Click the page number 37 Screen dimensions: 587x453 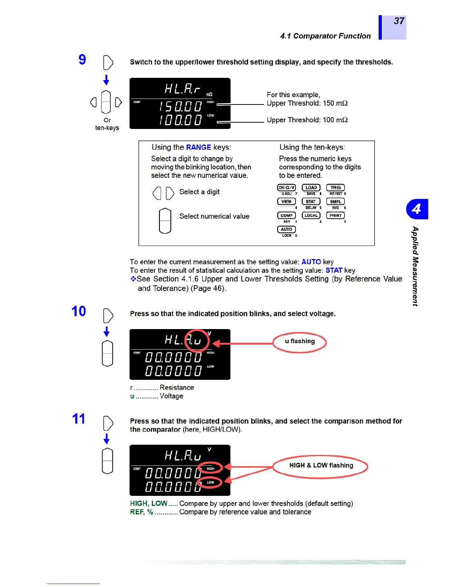399,21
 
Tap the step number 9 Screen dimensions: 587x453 82,60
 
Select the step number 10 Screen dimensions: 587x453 78,311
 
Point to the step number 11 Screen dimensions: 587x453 78,419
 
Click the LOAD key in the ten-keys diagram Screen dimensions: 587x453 311,188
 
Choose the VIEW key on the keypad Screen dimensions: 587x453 286,202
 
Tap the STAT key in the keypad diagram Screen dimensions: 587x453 311,202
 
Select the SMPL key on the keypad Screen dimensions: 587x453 335,202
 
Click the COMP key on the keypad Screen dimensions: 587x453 286,215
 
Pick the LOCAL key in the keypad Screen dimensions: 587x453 311,215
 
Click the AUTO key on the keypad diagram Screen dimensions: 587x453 286,229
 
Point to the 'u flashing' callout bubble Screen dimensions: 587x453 300,342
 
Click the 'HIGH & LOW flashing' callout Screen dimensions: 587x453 321,466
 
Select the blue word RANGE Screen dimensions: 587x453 198,147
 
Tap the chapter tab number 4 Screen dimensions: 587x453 417,209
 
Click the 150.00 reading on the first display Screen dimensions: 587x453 181,107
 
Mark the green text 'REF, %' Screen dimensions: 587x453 141,512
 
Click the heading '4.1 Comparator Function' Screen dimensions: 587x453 325,36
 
